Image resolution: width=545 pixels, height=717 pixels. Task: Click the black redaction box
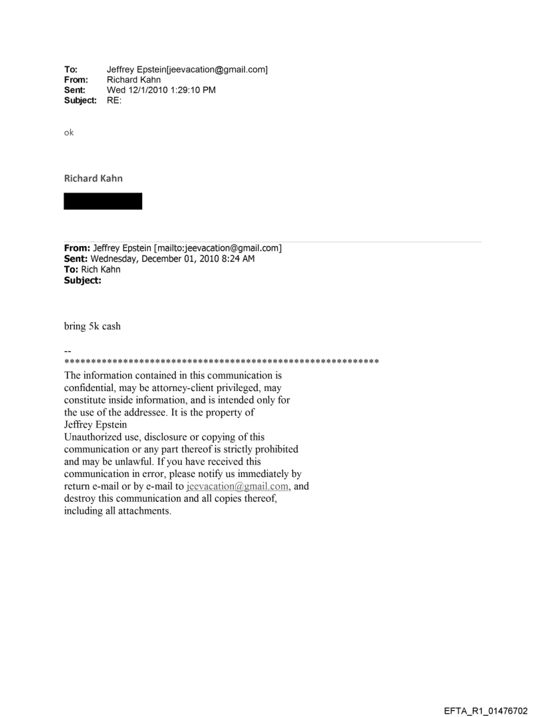point(103,201)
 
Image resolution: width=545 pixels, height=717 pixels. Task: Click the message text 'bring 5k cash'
point(92,327)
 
